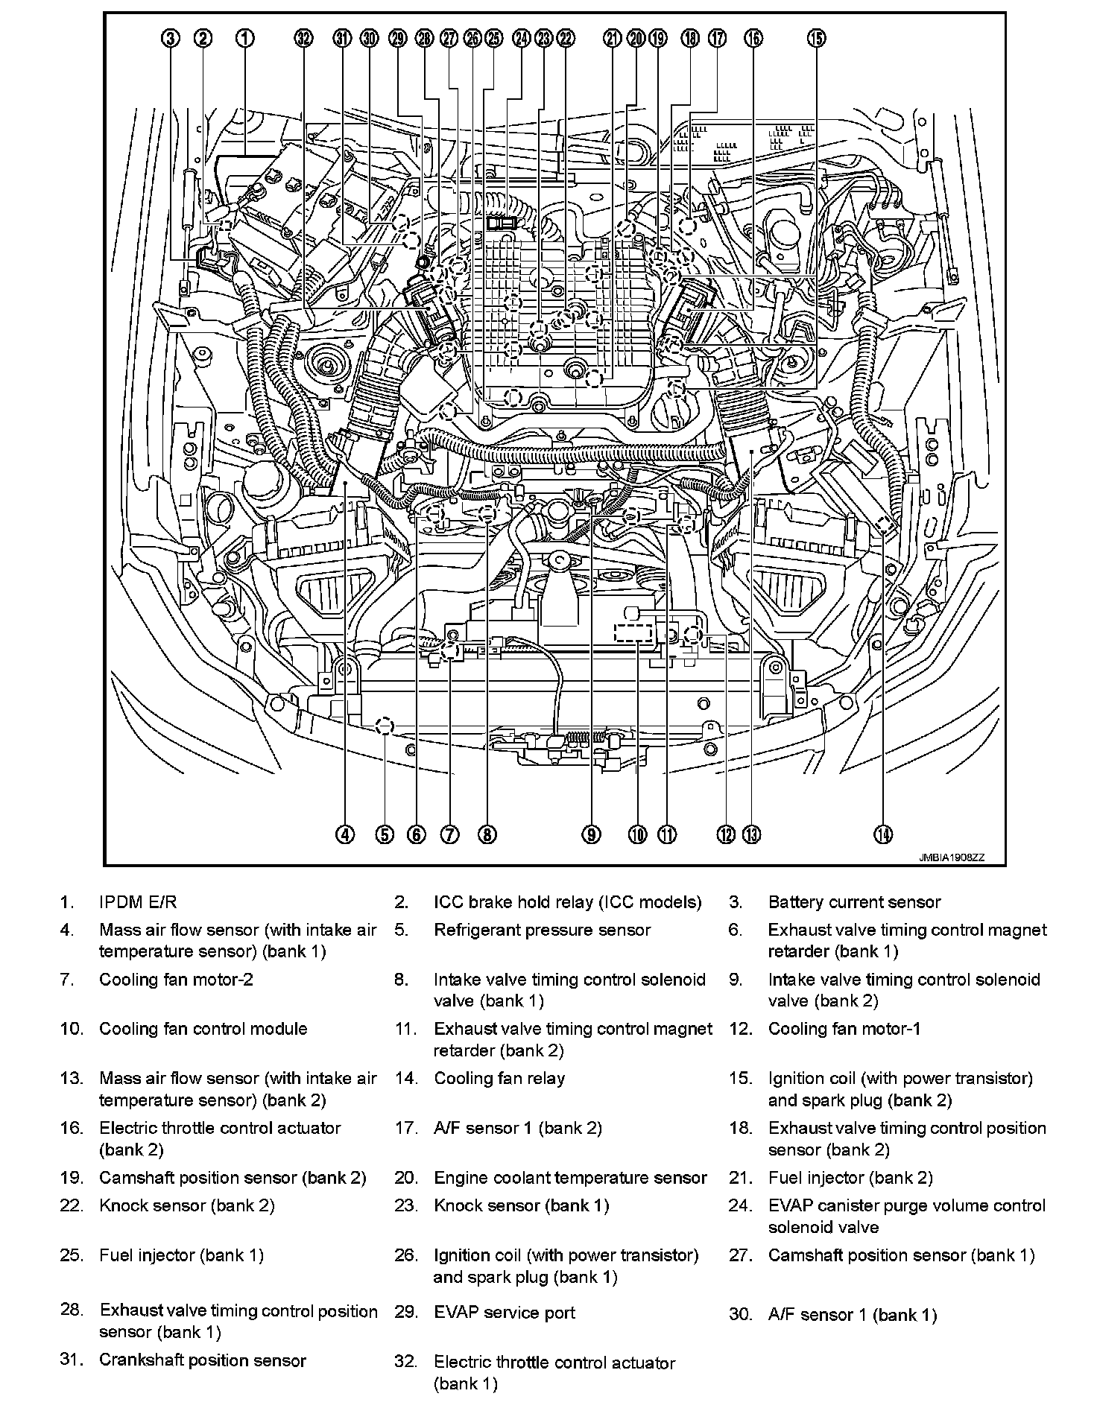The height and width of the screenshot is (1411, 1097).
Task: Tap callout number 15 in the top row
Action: pos(816,38)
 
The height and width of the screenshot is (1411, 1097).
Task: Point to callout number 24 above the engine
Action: pos(521,38)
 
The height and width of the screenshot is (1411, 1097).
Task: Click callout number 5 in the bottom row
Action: pos(384,834)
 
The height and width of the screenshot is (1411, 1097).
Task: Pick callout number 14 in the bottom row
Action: pos(883,834)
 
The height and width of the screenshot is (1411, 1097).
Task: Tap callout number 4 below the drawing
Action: pos(344,834)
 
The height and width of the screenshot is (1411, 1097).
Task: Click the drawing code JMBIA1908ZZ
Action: pos(952,857)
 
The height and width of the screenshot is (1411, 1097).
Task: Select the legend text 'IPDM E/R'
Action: pos(138,902)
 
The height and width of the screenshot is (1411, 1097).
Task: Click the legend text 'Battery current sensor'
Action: pos(854,902)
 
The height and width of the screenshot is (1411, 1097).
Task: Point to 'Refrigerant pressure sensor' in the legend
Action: pos(542,930)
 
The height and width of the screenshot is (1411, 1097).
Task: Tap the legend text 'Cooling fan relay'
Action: pos(499,1078)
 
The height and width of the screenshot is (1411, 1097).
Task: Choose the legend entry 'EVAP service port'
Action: pos(505,1312)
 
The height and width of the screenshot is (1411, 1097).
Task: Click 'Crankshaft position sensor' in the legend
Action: pos(203,1360)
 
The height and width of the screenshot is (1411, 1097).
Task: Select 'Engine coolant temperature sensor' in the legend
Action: pos(570,1178)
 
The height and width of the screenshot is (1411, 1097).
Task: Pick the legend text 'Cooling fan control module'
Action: pos(203,1029)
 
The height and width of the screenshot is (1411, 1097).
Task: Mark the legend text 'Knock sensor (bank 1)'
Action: pos(521,1205)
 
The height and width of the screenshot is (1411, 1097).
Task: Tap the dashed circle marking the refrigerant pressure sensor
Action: pos(384,726)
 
